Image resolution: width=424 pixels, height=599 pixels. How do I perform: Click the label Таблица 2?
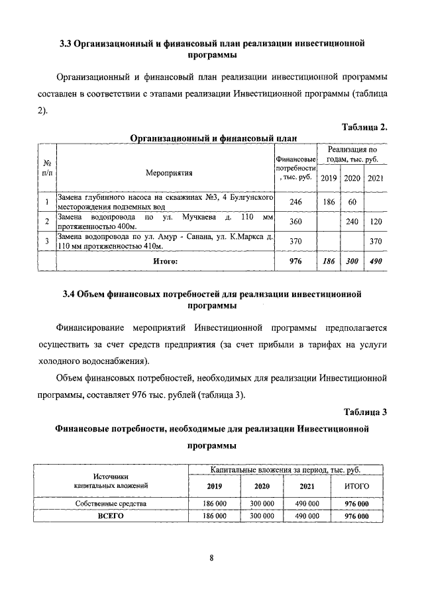point(364,127)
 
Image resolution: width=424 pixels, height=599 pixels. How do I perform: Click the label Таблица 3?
point(365,412)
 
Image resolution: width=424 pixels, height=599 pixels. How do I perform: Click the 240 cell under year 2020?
point(352,222)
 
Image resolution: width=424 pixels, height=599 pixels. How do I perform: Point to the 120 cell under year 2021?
point(376,222)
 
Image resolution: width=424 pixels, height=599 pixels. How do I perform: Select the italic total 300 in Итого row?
point(352,262)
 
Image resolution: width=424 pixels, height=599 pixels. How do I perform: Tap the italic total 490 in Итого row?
point(376,262)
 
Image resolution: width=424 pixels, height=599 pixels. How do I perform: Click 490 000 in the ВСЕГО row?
point(306,515)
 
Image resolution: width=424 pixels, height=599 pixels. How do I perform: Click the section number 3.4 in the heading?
point(63,293)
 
